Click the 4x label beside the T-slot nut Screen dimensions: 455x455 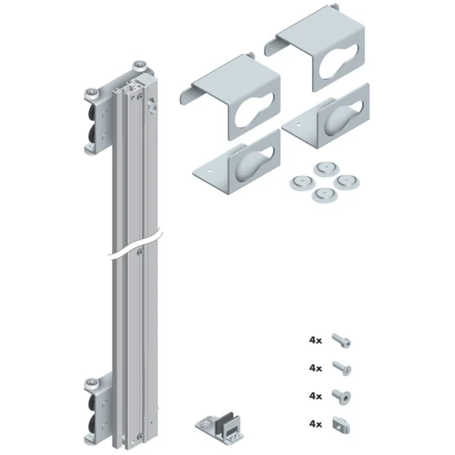tap(316, 423)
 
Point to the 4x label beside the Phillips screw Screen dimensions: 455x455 tap(316, 368)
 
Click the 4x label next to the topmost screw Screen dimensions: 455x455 tap(316, 341)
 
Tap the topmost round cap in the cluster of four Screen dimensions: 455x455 tap(322, 168)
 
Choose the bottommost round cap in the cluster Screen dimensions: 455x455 tap(321, 195)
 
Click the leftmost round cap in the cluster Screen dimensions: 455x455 tap(299, 182)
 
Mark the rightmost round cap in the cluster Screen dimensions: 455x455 tap(344, 181)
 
